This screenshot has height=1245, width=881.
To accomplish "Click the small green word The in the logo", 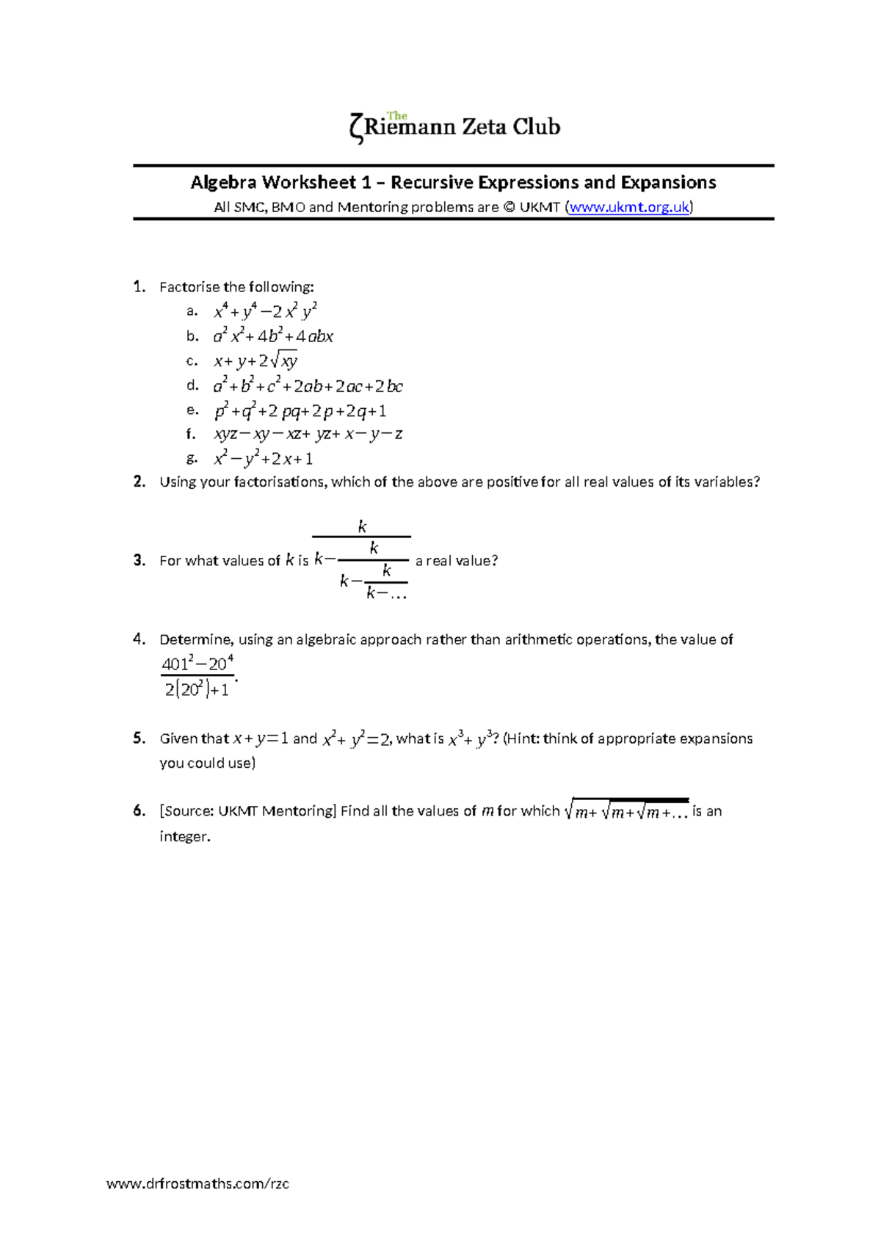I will (397, 116).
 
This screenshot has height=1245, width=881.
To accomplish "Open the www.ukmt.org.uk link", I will (629, 207).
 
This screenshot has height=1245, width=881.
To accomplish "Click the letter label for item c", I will (192, 360).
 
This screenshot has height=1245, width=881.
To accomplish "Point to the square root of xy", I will (283, 360).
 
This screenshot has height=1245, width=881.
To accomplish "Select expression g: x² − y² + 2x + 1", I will (263, 459).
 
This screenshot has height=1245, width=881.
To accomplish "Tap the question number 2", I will (139, 482).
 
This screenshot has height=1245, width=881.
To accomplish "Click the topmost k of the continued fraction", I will (361, 526).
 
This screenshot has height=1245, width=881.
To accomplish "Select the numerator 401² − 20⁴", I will (197, 664).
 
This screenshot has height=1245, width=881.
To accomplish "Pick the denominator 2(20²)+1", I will (197, 689).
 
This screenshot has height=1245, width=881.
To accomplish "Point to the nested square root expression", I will (626, 811).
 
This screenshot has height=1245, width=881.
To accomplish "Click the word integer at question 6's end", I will (184, 836).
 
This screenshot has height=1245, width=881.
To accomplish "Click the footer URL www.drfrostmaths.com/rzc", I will (197, 1183).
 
